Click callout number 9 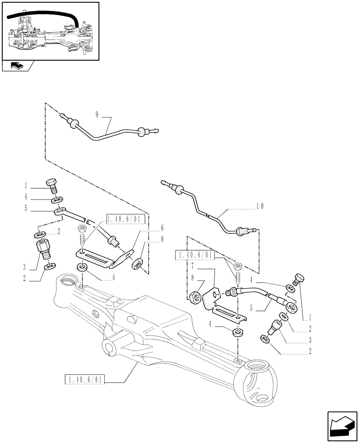point(97,114)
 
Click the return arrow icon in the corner point(341,426)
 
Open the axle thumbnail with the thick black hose point(50,31)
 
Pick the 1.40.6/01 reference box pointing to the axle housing point(84,380)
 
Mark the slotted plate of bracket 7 point(226,311)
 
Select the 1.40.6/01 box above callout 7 point(195,255)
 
